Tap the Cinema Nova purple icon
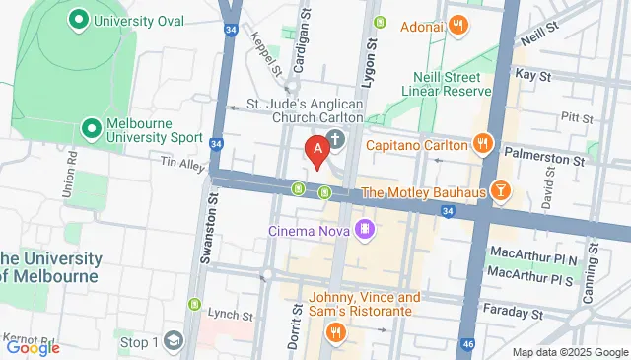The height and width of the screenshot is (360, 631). pos(366,230)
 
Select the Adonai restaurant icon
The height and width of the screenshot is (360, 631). pos(456,27)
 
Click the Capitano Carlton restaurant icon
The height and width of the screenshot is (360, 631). pos(481,145)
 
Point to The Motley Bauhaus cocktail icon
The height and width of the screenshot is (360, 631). pos(500,190)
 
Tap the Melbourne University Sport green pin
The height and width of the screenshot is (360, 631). pos(92,128)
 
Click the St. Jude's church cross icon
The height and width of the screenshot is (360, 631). pos(335,140)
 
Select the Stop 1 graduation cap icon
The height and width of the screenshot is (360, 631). pos(174,341)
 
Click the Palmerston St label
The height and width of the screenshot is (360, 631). pos(543,155)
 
